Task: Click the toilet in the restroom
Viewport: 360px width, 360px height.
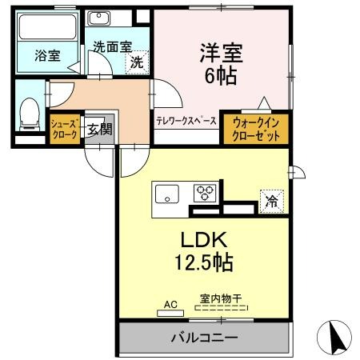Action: pyautogui.click(x=30, y=114)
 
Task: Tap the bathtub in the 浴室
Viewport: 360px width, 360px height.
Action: pyautogui.click(x=48, y=27)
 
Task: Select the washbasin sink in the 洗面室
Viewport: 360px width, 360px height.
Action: pyautogui.click(x=99, y=18)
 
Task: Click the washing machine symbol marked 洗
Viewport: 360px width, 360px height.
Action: pyautogui.click(x=137, y=62)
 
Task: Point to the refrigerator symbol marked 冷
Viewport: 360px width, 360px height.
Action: pyautogui.click(x=271, y=202)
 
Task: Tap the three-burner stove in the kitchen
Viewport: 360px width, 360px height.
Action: pyautogui.click(x=205, y=193)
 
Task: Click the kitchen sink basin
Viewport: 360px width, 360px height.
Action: pyautogui.click(x=167, y=194)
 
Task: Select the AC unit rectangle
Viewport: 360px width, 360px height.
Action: pyautogui.click(x=170, y=314)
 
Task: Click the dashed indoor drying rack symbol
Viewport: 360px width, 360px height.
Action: pyautogui.click(x=222, y=307)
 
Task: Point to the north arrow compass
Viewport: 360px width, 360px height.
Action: pyautogui.click(x=334, y=338)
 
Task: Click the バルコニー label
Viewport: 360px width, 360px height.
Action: pyautogui.click(x=204, y=338)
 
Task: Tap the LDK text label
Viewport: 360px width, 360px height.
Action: pyautogui.click(x=204, y=240)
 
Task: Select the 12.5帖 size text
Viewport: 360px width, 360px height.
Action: pyautogui.click(x=204, y=262)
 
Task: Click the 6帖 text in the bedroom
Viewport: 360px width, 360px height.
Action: pyautogui.click(x=221, y=75)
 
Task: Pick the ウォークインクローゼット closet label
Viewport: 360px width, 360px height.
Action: pyautogui.click(x=256, y=130)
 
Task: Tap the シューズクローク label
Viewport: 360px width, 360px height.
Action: pyautogui.click(x=65, y=129)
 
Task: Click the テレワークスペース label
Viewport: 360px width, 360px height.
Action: pyautogui.click(x=186, y=122)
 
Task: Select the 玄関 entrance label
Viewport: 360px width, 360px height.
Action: pyautogui.click(x=100, y=130)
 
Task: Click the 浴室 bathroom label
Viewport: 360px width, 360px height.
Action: pyautogui.click(x=47, y=56)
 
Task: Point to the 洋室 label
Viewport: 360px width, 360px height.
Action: pyautogui.click(x=221, y=53)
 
